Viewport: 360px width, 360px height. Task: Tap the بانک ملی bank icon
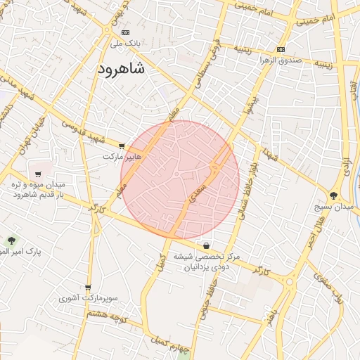(125, 32)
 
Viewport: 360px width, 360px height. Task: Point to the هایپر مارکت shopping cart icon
(122, 146)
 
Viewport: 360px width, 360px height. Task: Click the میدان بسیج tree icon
(333, 195)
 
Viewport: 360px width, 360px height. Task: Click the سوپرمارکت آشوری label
(89, 299)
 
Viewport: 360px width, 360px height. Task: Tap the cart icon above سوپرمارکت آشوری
(88, 288)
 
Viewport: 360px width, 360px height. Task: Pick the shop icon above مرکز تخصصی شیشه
(205, 246)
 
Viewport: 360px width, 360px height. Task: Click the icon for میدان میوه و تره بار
(38, 174)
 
